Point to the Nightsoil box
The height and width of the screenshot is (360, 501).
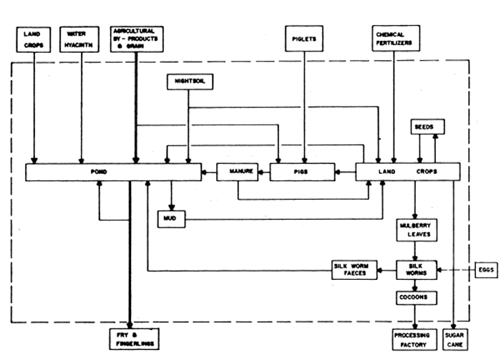point(188,82)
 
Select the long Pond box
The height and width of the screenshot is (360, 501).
point(114,172)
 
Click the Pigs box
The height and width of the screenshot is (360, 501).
point(302,172)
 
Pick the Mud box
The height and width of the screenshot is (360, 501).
point(172,218)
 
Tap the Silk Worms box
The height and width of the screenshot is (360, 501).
point(417,269)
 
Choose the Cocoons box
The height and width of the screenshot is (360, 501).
point(417,296)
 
